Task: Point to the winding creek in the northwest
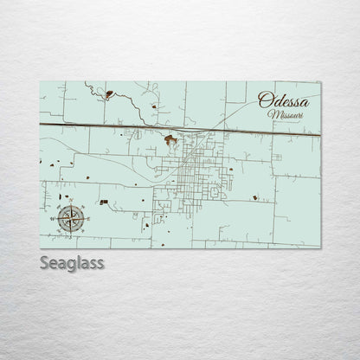coord(130,106)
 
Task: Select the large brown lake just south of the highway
coord(171,139)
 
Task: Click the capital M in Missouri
coord(273,114)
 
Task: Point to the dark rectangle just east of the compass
coord(105,202)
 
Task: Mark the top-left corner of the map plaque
coord(41,81)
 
